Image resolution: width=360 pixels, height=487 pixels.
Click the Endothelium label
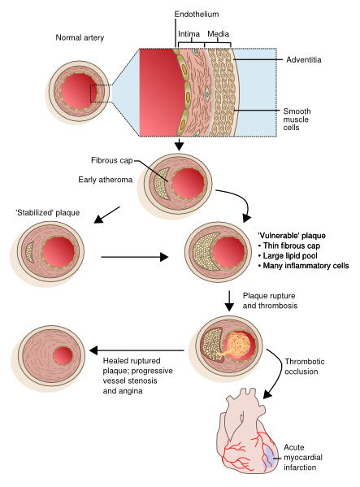coord(197,15)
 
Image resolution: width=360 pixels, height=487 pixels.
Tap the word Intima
coord(189,33)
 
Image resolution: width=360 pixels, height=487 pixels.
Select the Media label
coord(218,33)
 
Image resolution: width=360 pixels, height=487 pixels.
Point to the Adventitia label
coord(303,59)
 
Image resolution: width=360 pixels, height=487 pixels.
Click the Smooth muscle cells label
coord(297,120)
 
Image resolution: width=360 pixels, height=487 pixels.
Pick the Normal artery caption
coord(80,37)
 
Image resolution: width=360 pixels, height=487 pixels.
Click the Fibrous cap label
coord(111,160)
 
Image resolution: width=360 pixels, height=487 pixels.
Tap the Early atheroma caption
coord(105,180)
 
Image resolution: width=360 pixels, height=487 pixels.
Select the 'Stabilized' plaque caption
coord(48,213)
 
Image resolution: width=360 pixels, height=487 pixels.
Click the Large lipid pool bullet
coord(288,255)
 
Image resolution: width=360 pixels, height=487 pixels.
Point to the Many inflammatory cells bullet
coord(303,266)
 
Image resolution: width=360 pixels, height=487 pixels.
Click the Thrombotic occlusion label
coord(301,367)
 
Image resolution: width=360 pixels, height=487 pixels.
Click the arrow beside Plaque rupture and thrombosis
coord(229,301)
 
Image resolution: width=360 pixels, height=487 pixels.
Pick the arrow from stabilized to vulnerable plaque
coord(135,257)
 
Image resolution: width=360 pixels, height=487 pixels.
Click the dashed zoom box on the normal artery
coord(100,93)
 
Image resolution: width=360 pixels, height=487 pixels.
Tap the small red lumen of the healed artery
coord(63,356)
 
